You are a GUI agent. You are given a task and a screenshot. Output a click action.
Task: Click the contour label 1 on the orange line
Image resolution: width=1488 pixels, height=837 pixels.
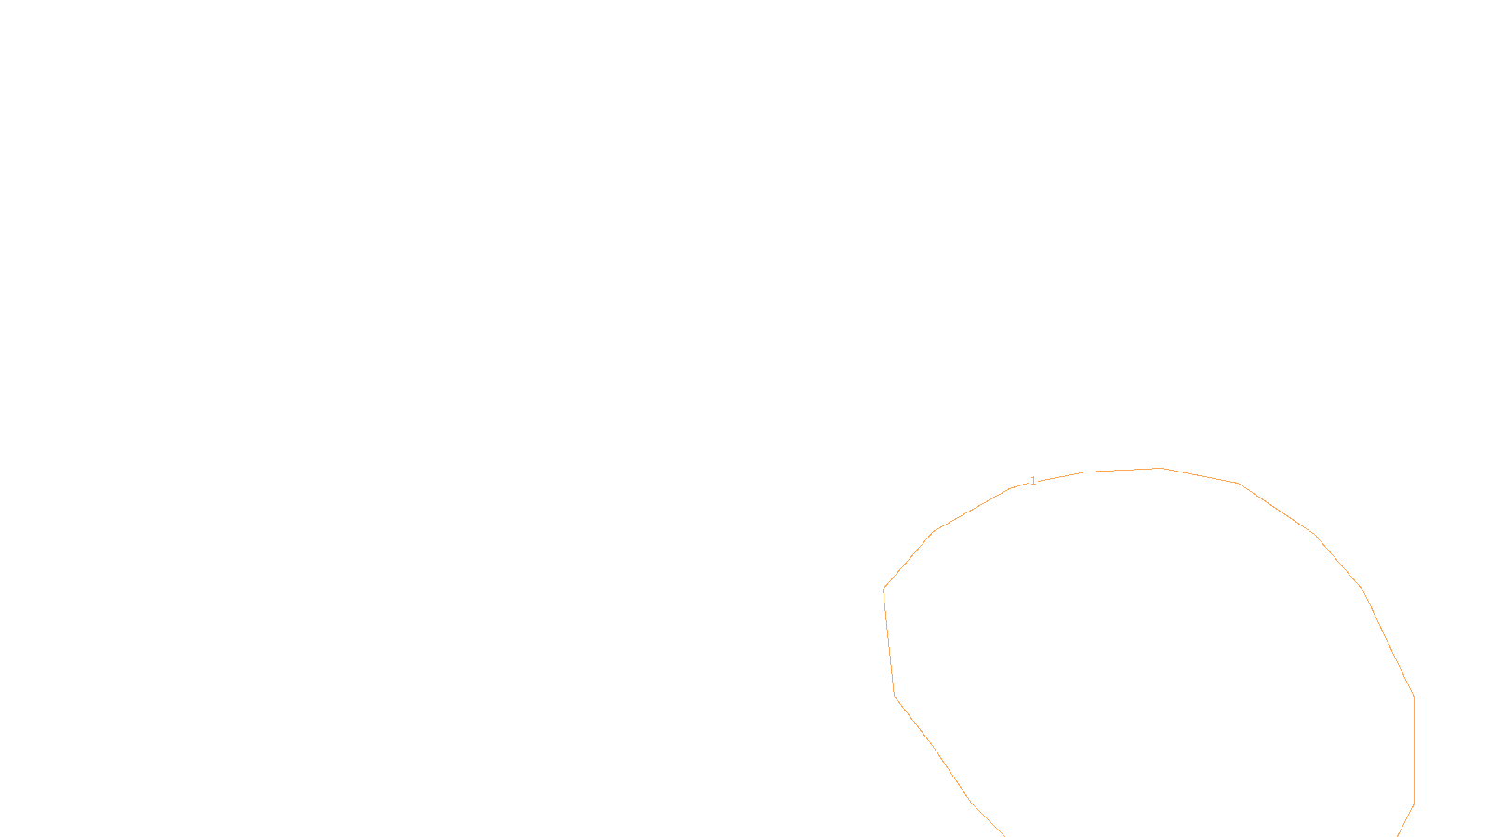click(1033, 481)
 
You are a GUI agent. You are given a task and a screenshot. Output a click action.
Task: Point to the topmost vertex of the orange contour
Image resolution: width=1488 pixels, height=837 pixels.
click(1162, 468)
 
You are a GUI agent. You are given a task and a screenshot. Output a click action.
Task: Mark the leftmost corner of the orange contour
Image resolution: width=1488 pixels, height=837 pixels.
click(883, 589)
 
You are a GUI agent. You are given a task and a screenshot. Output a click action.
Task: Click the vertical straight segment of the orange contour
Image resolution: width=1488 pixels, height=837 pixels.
click(1414, 750)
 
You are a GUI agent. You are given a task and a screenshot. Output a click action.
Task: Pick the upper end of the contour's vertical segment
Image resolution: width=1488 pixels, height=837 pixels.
click(1414, 696)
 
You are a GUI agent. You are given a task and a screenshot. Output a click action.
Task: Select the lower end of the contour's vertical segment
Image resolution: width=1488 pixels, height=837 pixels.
click(1414, 804)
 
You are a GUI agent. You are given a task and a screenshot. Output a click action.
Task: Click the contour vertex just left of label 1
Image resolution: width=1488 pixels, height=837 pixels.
click(1011, 488)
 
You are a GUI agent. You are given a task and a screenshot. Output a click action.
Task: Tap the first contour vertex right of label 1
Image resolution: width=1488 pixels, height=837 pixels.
click(1085, 472)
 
